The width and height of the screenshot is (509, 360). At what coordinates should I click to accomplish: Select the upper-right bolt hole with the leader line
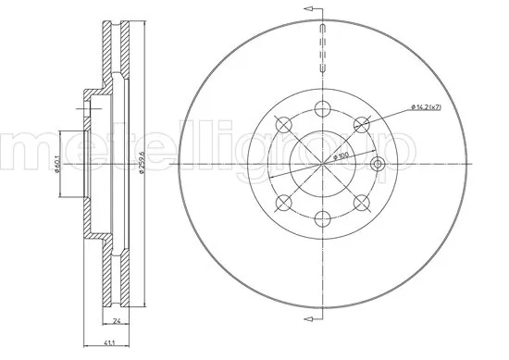[362, 123]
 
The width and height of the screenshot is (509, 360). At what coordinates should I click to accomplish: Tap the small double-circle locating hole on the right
[376, 164]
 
